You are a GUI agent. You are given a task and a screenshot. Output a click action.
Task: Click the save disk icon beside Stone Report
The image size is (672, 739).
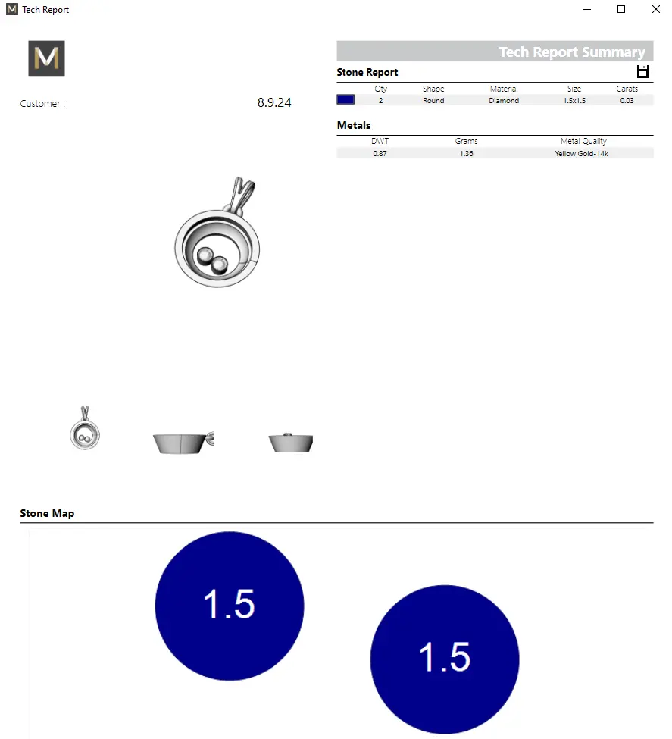coord(642,72)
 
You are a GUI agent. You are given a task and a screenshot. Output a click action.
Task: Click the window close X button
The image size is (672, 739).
coord(655,9)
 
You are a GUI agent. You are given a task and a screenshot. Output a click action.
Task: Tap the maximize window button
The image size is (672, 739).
coord(621,9)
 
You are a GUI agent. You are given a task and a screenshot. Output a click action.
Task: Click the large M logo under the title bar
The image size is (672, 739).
coord(47,58)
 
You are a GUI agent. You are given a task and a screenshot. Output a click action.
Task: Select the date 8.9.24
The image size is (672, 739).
coord(274,102)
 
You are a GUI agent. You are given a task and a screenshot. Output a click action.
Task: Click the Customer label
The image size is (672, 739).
coord(42,104)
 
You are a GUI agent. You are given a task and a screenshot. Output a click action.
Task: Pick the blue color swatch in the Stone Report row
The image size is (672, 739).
coord(345,99)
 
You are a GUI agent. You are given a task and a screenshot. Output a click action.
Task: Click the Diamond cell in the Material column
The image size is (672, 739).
coord(504,100)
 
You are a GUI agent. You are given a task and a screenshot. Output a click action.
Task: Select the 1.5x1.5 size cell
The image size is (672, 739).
coord(574,100)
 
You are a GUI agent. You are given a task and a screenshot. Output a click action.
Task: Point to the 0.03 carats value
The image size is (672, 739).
coord(627,100)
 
